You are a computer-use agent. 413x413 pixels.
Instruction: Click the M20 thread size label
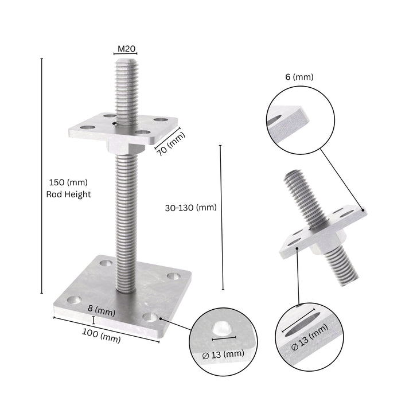point(126,49)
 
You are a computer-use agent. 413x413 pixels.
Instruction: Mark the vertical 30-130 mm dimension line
point(222,218)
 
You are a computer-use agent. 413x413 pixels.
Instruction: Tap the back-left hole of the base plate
point(106,263)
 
